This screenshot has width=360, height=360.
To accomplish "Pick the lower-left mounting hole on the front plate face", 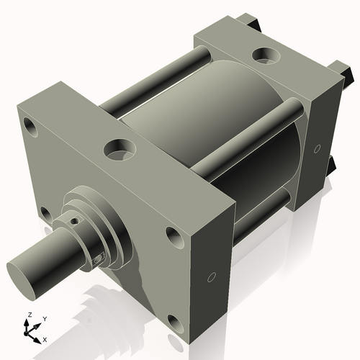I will pyautogui.click(x=45, y=214).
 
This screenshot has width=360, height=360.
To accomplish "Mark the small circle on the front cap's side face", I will pyautogui.click(x=211, y=277).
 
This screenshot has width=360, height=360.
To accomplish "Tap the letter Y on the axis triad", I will pyautogui.click(x=45, y=318).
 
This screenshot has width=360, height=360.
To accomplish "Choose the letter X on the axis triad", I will pyautogui.click(x=45, y=338).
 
